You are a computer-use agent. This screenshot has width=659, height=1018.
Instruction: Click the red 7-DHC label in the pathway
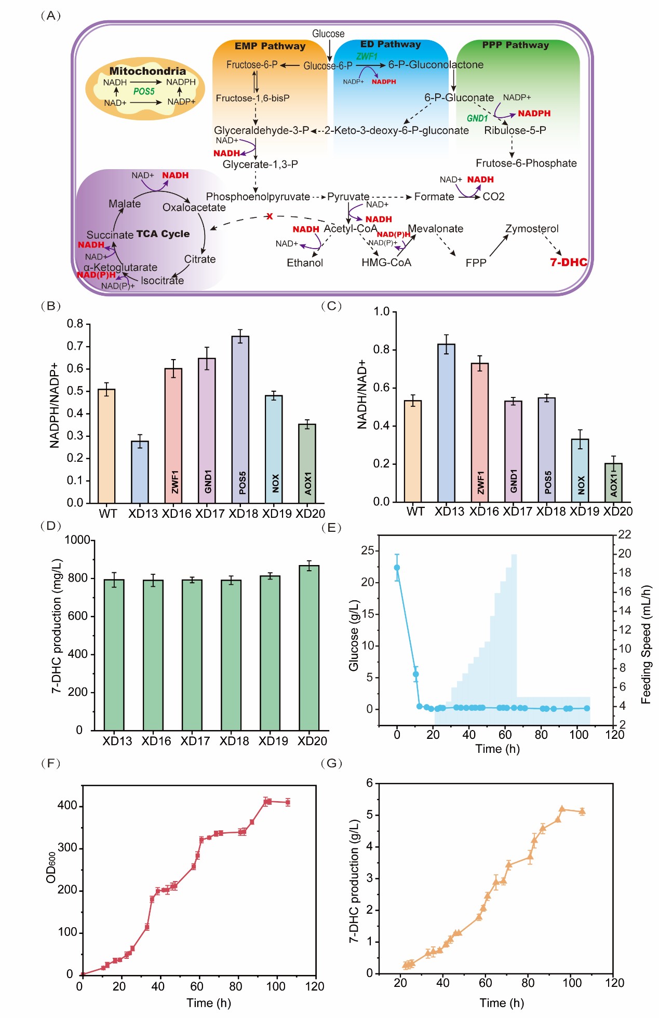point(568,262)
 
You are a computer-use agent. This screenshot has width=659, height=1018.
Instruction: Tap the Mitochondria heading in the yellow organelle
point(147,71)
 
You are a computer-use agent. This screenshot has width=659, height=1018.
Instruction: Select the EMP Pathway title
point(270,46)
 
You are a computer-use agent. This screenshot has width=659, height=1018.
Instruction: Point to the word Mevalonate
point(435,229)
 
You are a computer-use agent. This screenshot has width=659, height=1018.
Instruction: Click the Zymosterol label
point(532,229)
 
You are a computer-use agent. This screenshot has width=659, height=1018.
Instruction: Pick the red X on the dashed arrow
point(270,216)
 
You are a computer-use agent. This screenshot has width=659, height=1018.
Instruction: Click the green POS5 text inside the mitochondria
point(144,91)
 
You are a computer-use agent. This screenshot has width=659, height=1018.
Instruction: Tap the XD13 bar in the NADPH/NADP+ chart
point(140,472)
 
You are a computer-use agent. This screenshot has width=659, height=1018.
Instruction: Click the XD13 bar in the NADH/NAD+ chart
point(446,423)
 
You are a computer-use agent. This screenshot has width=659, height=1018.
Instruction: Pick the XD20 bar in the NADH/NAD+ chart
point(613,483)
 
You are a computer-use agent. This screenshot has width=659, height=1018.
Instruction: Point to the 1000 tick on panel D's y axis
point(77,540)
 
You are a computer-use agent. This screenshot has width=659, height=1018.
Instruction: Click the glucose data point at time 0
point(397,568)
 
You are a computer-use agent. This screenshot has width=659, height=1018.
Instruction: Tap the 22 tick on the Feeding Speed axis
point(624,534)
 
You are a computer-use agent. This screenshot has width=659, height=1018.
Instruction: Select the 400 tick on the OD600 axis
point(68,806)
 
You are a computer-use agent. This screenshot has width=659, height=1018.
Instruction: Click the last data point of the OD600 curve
point(288,802)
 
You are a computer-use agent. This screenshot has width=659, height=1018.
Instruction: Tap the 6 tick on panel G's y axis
point(370,783)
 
